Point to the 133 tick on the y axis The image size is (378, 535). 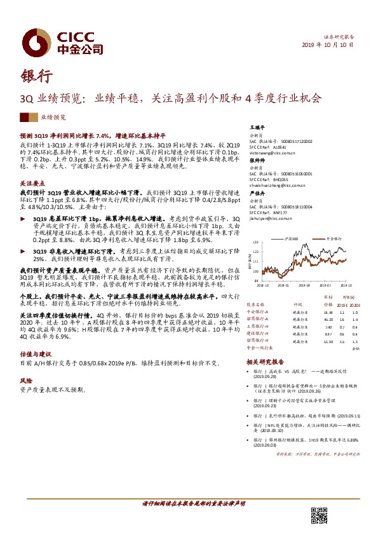(x=255, y=242)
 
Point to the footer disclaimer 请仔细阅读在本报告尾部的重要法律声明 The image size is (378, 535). (x=188, y=503)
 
